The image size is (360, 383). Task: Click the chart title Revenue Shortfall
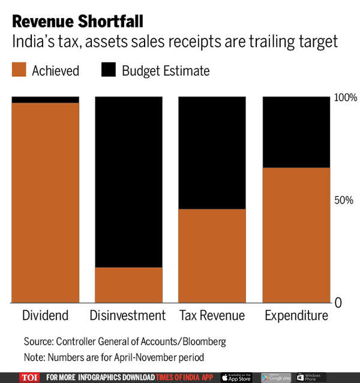pyautogui.click(x=77, y=23)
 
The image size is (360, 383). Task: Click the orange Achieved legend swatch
pyautogui.click(x=19, y=70)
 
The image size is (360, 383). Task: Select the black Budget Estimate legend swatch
pyautogui.click(x=109, y=70)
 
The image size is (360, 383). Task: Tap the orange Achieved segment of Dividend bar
pyautogui.click(x=46, y=202)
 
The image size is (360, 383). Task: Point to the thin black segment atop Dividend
pyautogui.click(x=46, y=100)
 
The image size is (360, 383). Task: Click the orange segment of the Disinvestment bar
pyautogui.click(x=129, y=285)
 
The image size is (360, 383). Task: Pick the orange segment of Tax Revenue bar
pyautogui.click(x=212, y=256)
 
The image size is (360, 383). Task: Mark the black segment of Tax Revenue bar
pyautogui.click(x=212, y=152)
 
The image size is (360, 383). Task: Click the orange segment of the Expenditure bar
pyautogui.click(x=296, y=235)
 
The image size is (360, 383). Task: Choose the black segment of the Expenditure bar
pyautogui.click(x=296, y=131)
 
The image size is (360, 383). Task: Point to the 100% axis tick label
pyautogui.click(x=345, y=97)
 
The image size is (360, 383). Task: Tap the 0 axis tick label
pyautogui.click(x=338, y=303)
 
